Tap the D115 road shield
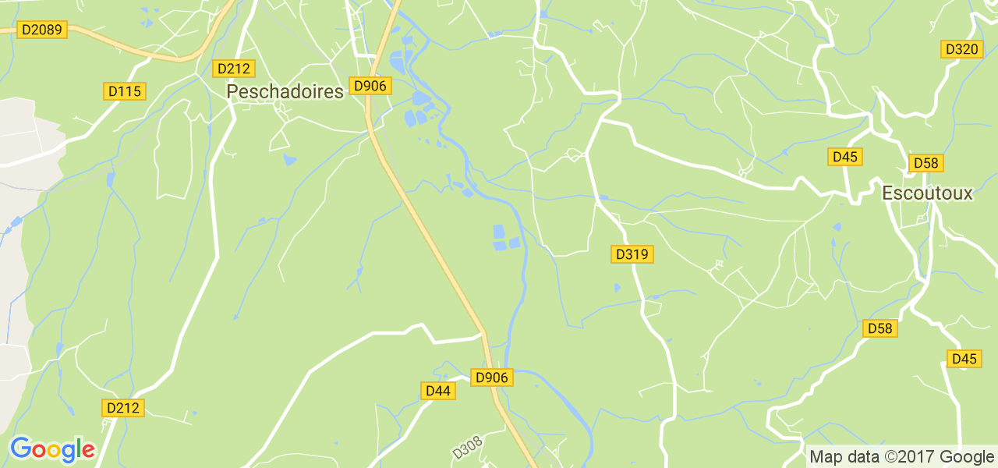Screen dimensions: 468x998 [x=125, y=91]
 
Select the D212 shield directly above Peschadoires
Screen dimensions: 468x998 [x=233, y=68]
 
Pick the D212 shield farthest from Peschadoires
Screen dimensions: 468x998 [x=123, y=408]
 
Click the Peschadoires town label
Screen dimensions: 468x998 [x=285, y=92]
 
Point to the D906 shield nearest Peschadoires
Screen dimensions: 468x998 [x=370, y=86]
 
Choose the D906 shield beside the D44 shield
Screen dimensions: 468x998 [x=491, y=378]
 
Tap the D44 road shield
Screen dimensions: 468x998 [x=438, y=391]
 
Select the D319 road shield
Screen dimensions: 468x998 [x=632, y=254]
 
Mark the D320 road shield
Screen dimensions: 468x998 [x=961, y=49]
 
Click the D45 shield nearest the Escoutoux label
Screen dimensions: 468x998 [x=844, y=157]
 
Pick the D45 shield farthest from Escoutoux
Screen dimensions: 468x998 [x=964, y=359]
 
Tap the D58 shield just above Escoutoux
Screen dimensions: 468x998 [x=926, y=163]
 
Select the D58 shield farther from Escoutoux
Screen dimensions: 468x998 [x=879, y=328]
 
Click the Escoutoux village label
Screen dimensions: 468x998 [x=927, y=193]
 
